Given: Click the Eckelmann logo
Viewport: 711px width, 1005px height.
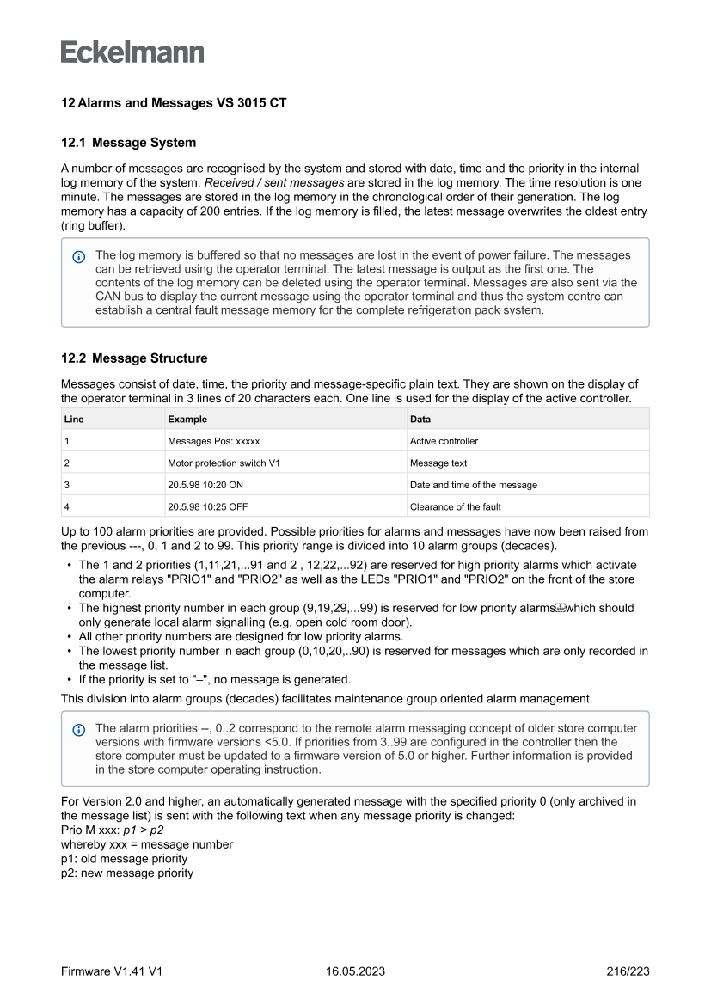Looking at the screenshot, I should coord(132,52).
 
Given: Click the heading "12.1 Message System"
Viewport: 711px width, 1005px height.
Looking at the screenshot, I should coord(128,143).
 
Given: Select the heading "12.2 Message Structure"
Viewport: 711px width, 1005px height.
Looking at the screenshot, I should coord(134,358).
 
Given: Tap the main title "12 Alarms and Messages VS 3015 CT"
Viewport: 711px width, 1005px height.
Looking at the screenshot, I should coord(174,103).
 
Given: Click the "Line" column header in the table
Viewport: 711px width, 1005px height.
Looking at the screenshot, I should coord(75,419).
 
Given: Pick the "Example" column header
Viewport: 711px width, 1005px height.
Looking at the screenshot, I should coord(187,419).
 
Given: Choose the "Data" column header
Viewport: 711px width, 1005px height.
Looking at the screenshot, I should coord(420,419).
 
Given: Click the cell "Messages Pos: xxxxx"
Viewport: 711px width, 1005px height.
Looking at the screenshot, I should coord(214,441).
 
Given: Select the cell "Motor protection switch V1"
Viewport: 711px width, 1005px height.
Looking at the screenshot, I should coord(224,463).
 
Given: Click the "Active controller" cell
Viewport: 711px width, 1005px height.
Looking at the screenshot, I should coord(444,441).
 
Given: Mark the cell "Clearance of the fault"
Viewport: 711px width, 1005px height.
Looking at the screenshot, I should coord(456,507).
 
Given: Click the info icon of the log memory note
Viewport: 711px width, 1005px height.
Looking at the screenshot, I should coord(79,256).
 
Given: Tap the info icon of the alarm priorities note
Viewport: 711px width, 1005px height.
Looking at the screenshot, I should coord(79,729).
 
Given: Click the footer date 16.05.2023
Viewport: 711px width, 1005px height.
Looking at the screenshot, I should coord(355,971).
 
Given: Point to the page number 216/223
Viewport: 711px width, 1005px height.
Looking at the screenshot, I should coord(628,971).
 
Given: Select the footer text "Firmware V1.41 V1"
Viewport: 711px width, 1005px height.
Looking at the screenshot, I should coord(112,971).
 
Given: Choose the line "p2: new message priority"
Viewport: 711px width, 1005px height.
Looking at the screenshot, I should coord(127,873).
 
